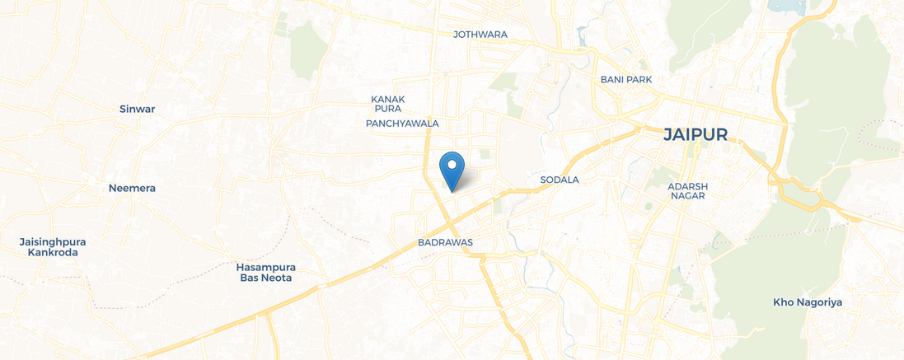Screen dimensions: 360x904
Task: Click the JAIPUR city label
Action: click(696, 135)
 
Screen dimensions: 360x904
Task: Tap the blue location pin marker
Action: click(452, 171)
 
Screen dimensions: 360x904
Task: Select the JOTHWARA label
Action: click(480, 35)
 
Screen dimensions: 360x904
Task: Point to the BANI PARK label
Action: click(626, 80)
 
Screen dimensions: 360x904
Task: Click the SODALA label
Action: click(560, 180)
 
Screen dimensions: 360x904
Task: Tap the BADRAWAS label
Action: click(445, 244)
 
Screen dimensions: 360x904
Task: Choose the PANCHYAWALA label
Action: click(402, 124)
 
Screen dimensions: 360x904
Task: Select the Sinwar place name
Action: click(137, 109)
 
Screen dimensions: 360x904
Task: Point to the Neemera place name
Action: click(132, 188)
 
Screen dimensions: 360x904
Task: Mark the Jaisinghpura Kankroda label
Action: click(53, 247)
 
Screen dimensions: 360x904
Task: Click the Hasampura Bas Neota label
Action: click(266, 273)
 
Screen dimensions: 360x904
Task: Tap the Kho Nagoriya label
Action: click(808, 302)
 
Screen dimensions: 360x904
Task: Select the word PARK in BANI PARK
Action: click(639, 80)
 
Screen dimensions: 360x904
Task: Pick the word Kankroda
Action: click(53, 253)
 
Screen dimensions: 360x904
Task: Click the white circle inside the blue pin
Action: click(452, 164)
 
